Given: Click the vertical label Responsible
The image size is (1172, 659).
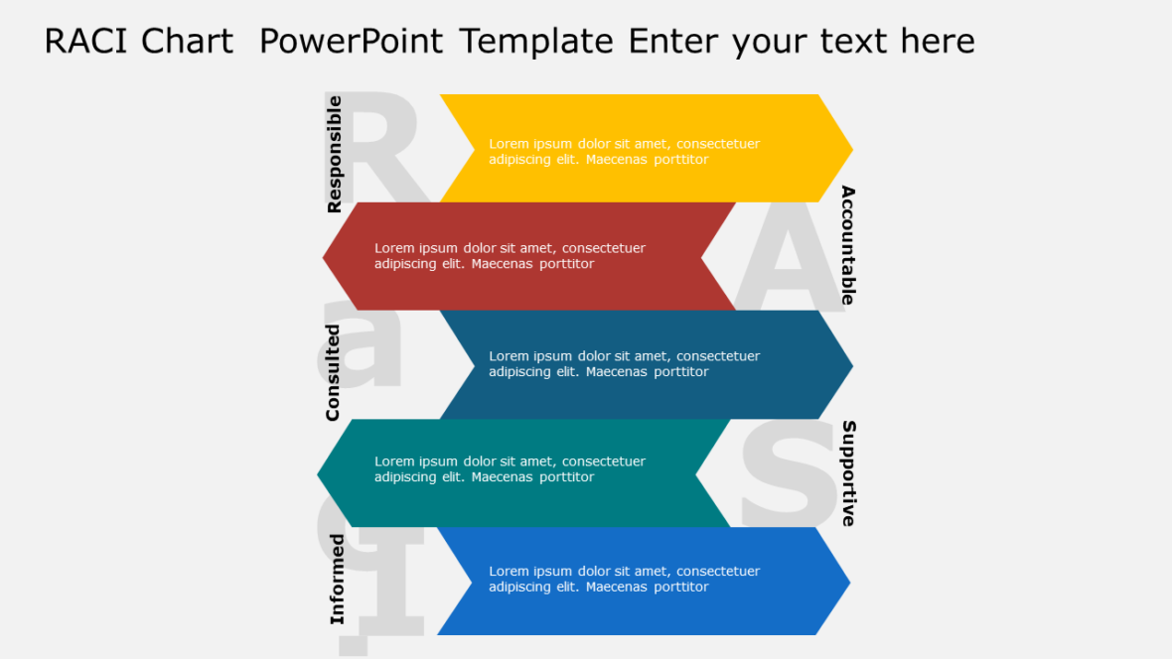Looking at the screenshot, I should pyautogui.click(x=335, y=154).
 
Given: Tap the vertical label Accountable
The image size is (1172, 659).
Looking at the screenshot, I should pyautogui.click(x=847, y=245).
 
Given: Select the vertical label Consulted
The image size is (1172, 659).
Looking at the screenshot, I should pyautogui.click(x=334, y=372).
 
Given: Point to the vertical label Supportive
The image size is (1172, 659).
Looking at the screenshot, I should pyautogui.click(x=848, y=473).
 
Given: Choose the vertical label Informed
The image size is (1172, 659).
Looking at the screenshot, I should pyautogui.click(x=338, y=580).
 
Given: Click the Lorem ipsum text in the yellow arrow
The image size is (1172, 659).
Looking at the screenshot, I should pyautogui.click(x=624, y=151).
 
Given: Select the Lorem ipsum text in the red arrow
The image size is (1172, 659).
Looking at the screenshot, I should pyautogui.click(x=510, y=256).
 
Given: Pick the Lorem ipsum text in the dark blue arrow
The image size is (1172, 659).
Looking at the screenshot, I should pyautogui.click(x=624, y=364).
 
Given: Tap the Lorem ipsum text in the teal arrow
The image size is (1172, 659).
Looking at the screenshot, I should pyautogui.click(x=510, y=468).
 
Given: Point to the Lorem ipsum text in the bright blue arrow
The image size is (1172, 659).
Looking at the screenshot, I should pyautogui.click(x=624, y=579).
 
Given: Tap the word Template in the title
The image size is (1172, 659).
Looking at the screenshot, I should pyautogui.click(x=535, y=42).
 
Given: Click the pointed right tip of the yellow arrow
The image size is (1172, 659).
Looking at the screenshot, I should pyautogui.click(x=849, y=149).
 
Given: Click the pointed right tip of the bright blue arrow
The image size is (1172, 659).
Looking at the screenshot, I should pyautogui.click(x=847, y=582).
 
